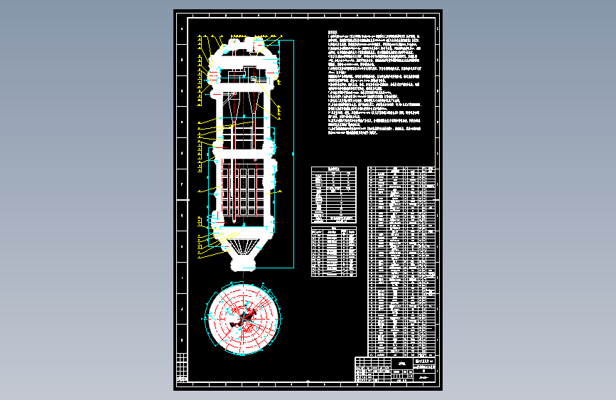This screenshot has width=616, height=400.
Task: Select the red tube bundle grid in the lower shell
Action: pyautogui.click(x=244, y=190)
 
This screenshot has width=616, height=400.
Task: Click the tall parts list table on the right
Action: pyautogui.click(x=401, y=260)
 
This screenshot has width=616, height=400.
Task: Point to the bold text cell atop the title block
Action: pyautogui.click(x=425, y=359)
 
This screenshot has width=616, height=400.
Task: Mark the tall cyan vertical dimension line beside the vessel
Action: pyautogui.click(x=293, y=153)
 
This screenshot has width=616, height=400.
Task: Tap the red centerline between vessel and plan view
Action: pyautogui.click(x=243, y=278)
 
